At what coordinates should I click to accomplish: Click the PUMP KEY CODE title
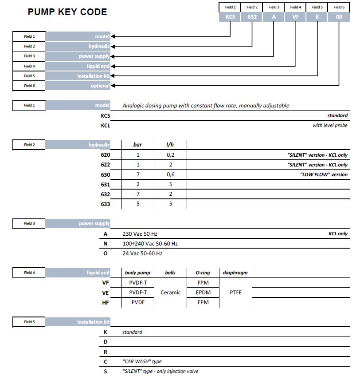coord(67,12)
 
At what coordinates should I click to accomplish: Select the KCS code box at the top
coord(230,17)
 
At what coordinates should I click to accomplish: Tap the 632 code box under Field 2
coord(252,17)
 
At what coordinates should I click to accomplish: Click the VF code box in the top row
coord(295,17)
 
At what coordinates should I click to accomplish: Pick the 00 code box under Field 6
coord(339,17)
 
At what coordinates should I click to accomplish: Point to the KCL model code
coord(105,125)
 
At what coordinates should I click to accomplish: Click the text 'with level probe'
coord(330,125)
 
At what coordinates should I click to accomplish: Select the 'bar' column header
coord(138,145)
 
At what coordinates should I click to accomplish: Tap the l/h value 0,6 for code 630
coord(170,174)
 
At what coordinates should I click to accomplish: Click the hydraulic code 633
coord(105,204)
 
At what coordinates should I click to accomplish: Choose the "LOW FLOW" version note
coord(324,174)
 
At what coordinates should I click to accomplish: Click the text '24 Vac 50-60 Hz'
coord(142,253)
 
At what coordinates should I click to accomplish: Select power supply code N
coord(105,244)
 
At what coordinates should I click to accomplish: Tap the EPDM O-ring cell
coord(203,293)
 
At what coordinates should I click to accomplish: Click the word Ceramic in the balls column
coord(170,293)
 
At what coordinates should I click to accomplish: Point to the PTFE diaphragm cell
coord(236,293)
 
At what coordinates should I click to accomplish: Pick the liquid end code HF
coord(105,303)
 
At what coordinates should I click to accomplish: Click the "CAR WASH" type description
coord(142,361)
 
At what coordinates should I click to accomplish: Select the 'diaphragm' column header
coord(235,273)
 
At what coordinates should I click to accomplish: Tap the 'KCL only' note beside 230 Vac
coord(338,234)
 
